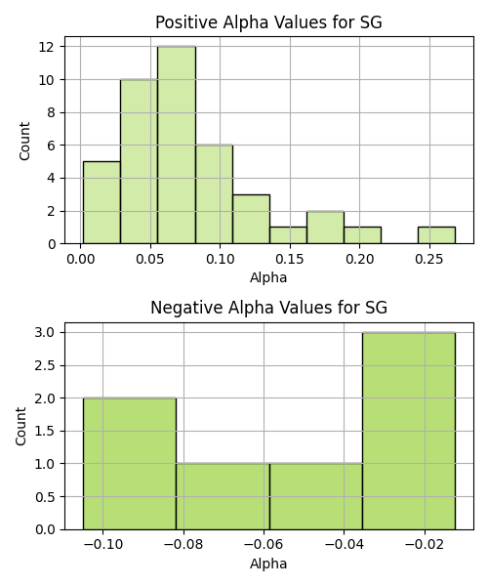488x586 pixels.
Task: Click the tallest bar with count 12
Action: click(177, 145)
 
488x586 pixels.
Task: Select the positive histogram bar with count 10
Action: click(139, 161)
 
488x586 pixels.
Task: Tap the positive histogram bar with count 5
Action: click(102, 202)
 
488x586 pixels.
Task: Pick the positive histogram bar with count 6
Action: click(214, 194)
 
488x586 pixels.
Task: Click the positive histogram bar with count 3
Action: click(251, 219)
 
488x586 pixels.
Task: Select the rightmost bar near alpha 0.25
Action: click(436, 235)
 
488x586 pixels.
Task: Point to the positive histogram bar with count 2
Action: click(326, 228)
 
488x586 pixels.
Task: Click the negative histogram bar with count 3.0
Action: click(409, 431)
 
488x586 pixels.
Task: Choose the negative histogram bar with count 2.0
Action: click(130, 464)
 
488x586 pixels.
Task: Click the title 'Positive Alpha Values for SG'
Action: click(268, 22)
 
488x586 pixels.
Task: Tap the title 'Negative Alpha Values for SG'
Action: click(268, 308)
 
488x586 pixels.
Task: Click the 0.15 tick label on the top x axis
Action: click(290, 259)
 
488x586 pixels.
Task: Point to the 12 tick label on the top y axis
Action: click(47, 47)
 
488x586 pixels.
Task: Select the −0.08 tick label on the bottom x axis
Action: click(183, 545)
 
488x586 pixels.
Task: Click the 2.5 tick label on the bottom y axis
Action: click(45, 365)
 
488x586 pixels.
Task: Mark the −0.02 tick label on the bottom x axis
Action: click(425, 545)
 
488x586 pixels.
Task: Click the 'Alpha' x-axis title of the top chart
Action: click(268, 277)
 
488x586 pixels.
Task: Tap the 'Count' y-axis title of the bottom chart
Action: click(20, 427)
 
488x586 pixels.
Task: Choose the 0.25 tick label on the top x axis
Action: click(429, 259)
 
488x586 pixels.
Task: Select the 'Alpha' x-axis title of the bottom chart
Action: click(268, 564)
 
